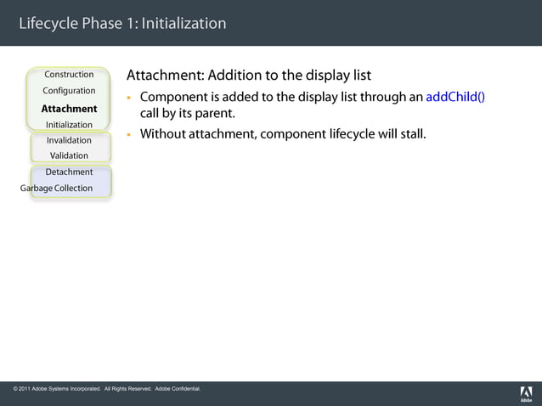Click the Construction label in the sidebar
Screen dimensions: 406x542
click(69, 75)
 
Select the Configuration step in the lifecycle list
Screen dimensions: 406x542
click(69, 91)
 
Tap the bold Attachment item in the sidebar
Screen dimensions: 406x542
click(69, 109)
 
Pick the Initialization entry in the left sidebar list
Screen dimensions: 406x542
click(69, 125)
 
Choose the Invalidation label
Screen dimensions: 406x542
click(69, 140)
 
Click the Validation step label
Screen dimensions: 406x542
click(69, 155)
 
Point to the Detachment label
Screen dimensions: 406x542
click(69, 172)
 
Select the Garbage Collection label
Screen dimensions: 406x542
click(56, 189)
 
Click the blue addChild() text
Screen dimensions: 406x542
click(454, 96)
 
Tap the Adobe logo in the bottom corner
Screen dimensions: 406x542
click(526, 393)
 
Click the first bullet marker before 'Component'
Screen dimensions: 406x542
click(130, 97)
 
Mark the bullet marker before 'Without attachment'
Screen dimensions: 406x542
click(130, 134)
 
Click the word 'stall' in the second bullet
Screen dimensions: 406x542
click(409, 134)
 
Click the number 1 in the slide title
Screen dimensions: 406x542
click(130, 23)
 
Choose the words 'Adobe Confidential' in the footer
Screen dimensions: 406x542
click(178, 389)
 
